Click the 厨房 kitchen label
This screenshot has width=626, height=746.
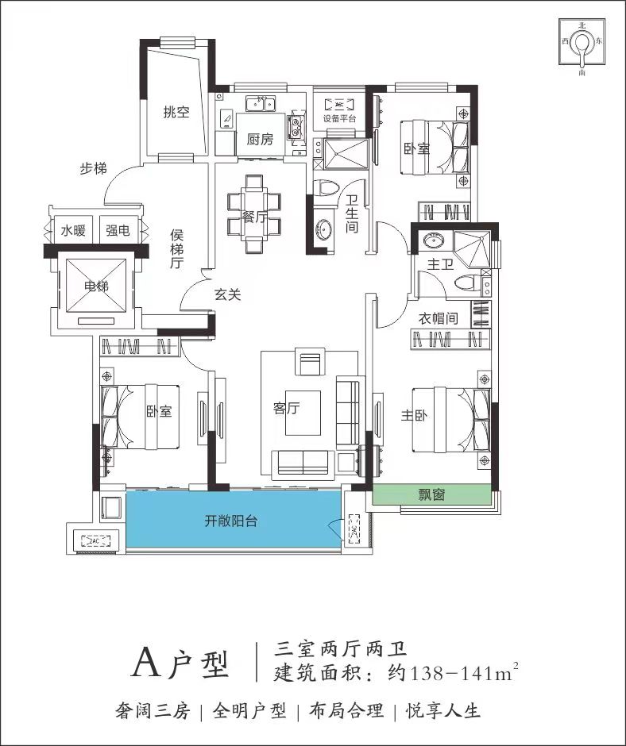pos(260,140)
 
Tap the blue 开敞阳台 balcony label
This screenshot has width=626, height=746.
pos(231,521)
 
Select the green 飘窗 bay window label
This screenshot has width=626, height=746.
pos(431,494)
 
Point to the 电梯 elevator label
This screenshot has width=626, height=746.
pos(96,286)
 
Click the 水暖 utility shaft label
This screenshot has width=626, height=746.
pos(73,231)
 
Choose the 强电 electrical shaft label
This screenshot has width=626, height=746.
pos(118,231)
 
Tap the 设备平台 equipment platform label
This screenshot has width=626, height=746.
pos(340,118)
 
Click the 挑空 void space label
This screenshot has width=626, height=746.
pos(176,112)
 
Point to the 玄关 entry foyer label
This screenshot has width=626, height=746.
pos(227,295)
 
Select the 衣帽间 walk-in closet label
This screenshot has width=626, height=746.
pos(439,317)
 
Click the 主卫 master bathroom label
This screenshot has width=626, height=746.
pos(440,264)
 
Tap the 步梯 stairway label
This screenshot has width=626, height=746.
pos(94,168)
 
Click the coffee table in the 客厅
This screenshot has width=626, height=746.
pos(303,413)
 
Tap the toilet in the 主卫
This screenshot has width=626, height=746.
pos(466,283)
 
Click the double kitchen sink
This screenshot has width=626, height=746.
pos(260,103)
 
